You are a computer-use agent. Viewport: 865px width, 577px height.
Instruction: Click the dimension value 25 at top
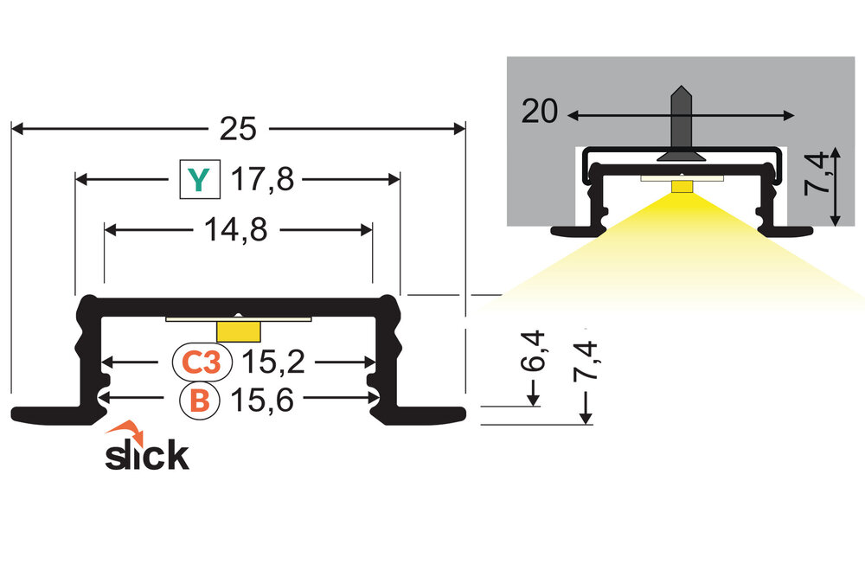(238, 129)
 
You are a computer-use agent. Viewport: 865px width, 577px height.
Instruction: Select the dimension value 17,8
(264, 180)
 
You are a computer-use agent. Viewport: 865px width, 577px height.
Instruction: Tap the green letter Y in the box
(199, 180)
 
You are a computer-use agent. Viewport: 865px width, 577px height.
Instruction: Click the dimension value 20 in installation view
(540, 113)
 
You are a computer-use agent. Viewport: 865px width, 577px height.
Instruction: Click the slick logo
(147, 454)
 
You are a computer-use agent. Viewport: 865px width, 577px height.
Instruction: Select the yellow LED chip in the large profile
(239, 331)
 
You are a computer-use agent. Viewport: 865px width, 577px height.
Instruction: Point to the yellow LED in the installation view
(682, 186)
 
